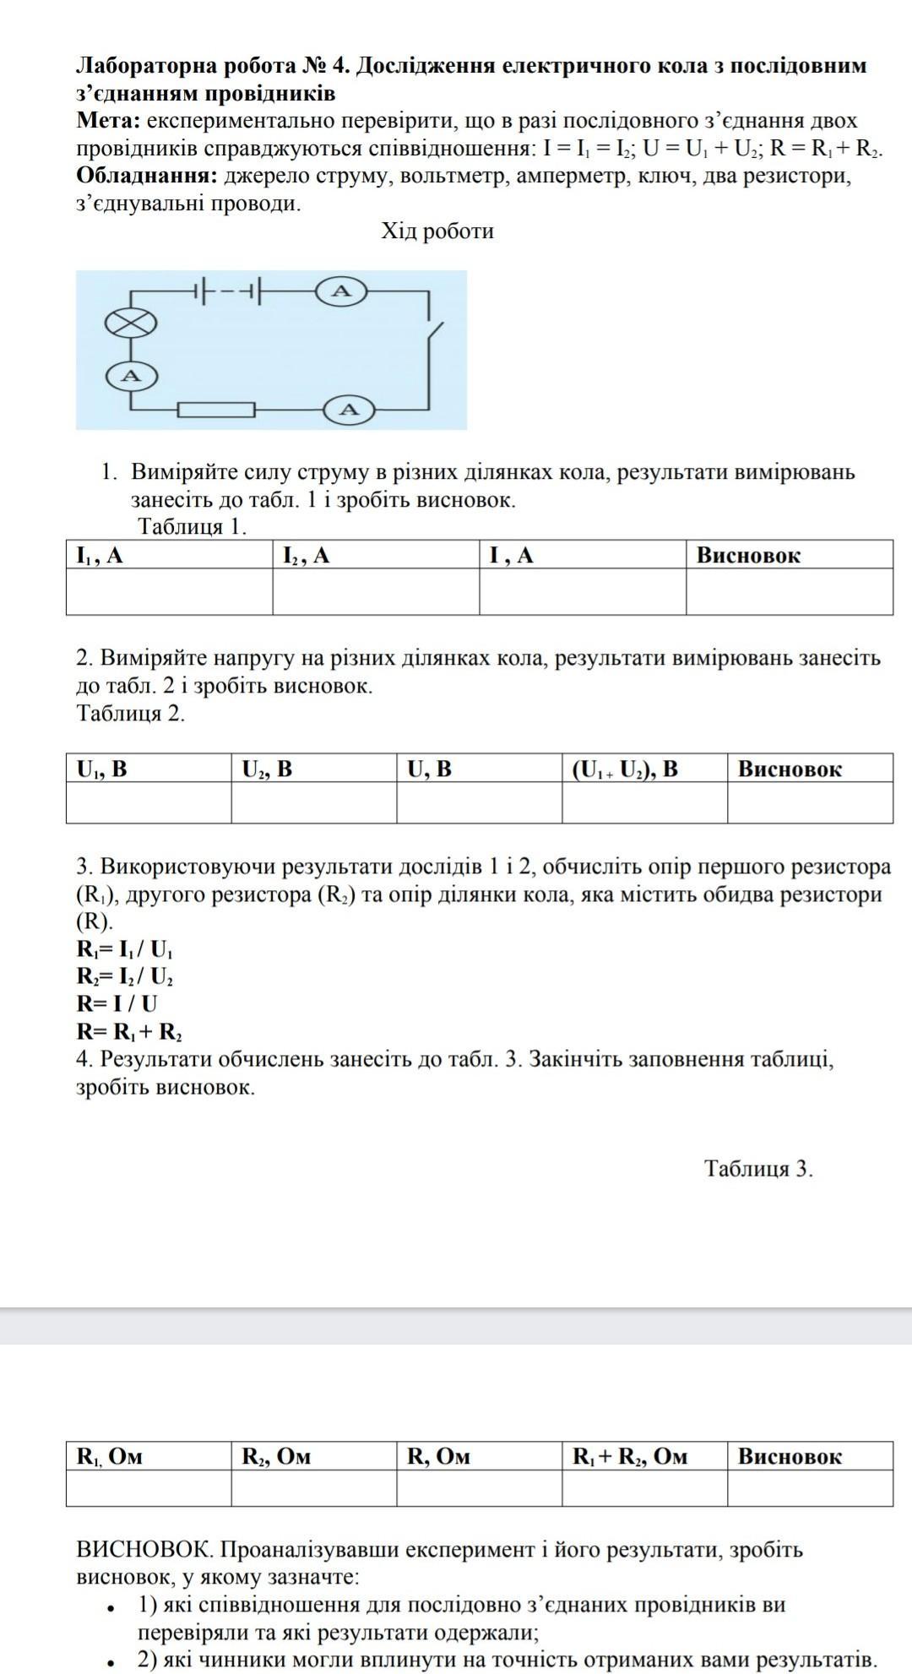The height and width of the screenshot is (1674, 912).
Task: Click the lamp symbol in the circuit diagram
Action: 130,323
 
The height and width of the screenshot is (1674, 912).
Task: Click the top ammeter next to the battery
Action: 340,291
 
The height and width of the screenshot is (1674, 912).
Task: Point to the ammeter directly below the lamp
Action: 131,375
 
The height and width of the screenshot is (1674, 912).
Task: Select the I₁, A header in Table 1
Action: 100,555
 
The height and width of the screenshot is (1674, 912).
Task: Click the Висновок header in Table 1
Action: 748,555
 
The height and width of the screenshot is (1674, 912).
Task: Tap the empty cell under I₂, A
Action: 376,591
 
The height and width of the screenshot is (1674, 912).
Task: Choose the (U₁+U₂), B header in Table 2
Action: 625,769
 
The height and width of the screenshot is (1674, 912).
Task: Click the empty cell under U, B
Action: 479,802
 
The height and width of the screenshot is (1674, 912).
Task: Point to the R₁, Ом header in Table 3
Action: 110,1456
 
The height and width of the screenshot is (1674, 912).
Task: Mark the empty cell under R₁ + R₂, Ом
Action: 644,1488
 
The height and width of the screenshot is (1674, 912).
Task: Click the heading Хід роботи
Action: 437,231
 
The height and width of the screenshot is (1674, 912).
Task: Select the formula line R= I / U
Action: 117,1003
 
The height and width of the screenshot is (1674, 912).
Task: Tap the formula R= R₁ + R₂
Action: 129,1031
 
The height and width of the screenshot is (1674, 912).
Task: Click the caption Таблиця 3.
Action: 758,1169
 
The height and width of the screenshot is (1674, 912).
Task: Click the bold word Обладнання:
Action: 147,177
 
